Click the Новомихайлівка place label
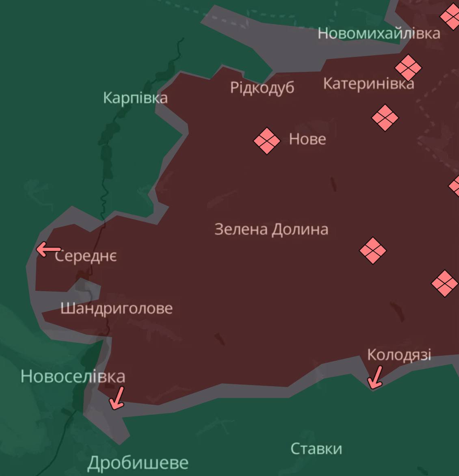tap(379, 33)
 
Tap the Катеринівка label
tap(368, 84)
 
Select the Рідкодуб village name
tap(262, 88)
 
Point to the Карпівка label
tap(135, 98)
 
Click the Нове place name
tap(307, 139)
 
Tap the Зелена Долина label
tap(271, 229)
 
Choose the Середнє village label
tap(86, 256)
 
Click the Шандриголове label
tap(117, 309)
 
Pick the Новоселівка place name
tap(73, 376)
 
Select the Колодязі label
tap(399, 355)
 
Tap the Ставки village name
tap(316, 449)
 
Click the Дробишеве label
tap(138, 463)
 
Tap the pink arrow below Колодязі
tap(375, 377)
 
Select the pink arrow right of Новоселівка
tap(117, 398)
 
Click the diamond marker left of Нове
tap(267, 141)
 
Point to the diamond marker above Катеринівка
tap(408, 67)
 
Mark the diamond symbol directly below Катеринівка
tap(385, 118)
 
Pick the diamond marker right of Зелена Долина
tap(372, 251)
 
